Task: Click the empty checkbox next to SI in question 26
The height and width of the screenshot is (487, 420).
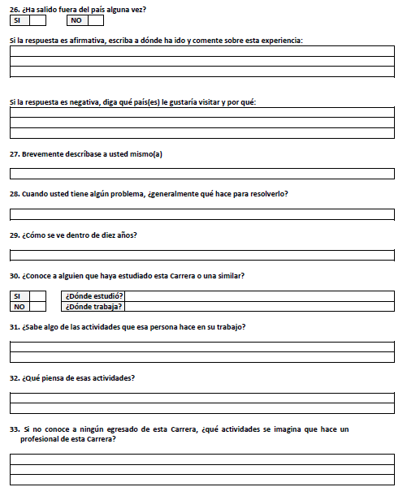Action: pyautogui.click(x=37, y=20)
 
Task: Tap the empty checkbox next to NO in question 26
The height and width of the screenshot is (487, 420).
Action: pyautogui.click(x=95, y=20)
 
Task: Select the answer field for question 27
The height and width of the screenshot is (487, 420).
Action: pyautogui.click(x=201, y=174)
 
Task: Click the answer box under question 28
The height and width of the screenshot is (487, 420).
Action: pyautogui.click(x=201, y=214)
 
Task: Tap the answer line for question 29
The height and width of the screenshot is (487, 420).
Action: pyautogui.click(x=201, y=255)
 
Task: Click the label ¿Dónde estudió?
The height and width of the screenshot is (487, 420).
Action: pyautogui.click(x=93, y=296)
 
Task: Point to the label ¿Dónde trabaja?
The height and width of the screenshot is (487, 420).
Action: pyautogui.click(x=93, y=307)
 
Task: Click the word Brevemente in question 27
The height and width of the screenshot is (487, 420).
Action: pyautogui.click(x=44, y=154)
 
